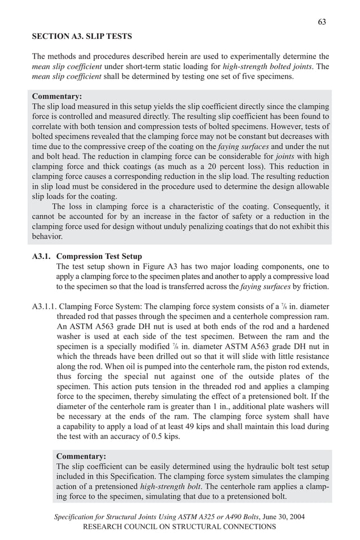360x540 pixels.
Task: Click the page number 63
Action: tap(322, 21)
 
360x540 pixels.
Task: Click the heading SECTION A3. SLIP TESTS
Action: tap(82, 37)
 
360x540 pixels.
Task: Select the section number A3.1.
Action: tap(42, 257)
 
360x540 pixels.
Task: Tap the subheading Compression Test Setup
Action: tap(99, 257)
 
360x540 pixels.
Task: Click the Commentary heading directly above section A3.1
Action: tap(57, 96)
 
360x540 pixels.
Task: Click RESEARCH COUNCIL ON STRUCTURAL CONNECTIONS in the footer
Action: tap(179, 526)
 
